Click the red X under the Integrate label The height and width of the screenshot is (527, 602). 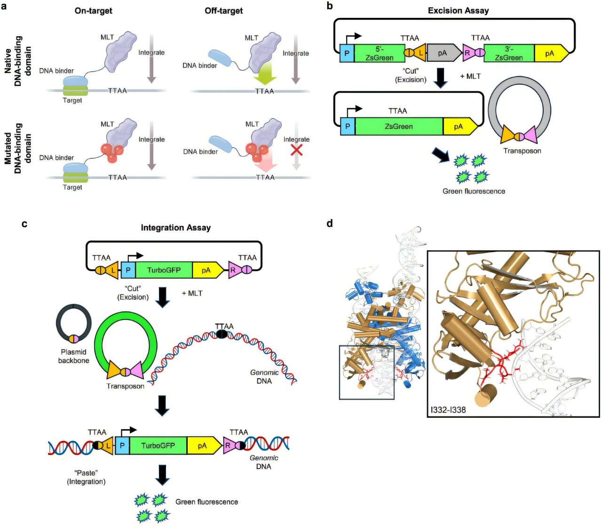(x=296, y=150)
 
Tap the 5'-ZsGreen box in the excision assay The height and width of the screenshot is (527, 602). (x=379, y=53)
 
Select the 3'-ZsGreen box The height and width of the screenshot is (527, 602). (x=508, y=53)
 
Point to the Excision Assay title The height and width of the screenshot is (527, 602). (x=458, y=10)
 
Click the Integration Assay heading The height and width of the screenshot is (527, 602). (x=175, y=228)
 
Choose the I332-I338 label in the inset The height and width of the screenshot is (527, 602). (x=448, y=410)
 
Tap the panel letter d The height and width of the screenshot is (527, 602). (x=330, y=224)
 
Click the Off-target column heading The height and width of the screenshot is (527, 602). (x=223, y=10)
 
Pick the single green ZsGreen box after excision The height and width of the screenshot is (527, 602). (x=399, y=127)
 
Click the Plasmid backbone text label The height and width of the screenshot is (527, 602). (x=73, y=356)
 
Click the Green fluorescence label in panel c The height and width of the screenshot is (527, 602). (x=206, y=502)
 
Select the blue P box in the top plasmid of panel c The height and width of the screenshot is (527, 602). (x=128, y=271)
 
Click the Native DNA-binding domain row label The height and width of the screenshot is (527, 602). (x=19, y=61)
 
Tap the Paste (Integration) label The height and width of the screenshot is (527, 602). (x=86, y=477)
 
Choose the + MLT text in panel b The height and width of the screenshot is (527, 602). (x=470, y=76)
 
